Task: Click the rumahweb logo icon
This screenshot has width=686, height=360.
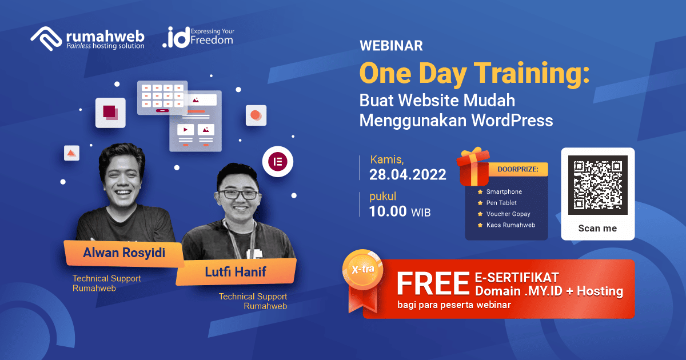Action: [46, 38]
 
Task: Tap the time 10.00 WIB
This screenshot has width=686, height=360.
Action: [400, 212]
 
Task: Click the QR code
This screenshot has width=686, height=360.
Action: [597, 185]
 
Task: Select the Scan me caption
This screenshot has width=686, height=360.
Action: [597, 228]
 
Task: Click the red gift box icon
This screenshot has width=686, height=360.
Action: [474, 165]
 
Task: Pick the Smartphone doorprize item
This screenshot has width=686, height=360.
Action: [504, 192]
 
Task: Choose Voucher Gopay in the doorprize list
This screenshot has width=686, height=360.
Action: [508, 214]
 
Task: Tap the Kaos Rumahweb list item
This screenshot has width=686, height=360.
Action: [510, 225]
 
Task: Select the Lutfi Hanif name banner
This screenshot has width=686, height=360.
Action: [236, 272]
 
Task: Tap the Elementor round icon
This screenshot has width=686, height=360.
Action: [277, 161]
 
